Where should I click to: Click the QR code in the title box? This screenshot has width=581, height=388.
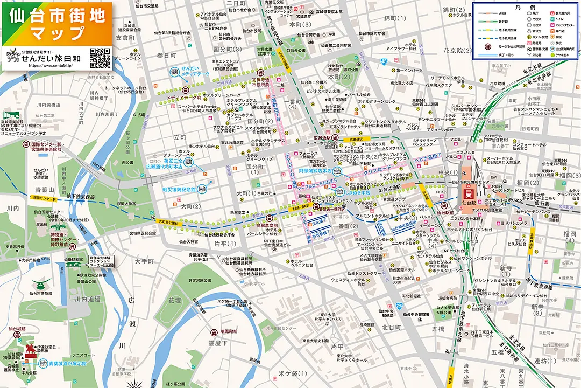(x=100, y=58)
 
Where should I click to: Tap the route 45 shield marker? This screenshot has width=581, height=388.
(x=384, y=63)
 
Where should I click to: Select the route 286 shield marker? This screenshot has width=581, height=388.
(x=399, y=306)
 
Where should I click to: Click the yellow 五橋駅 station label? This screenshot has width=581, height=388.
(x=450, y=375)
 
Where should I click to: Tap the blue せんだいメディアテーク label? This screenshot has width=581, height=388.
(x=193, y=72)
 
